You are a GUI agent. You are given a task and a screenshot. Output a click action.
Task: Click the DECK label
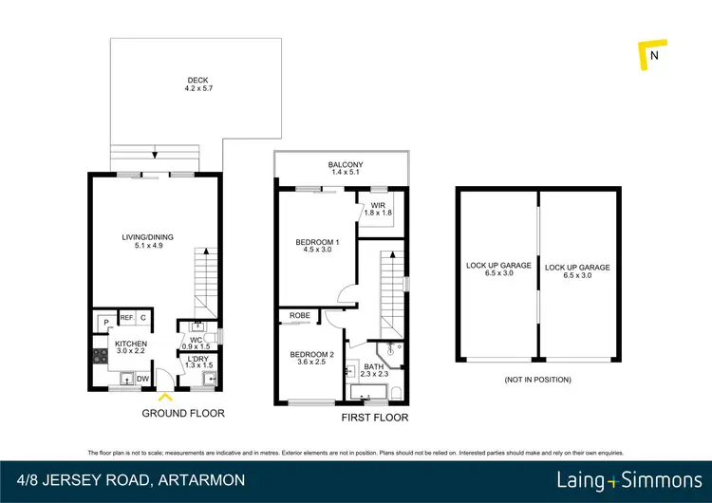pos(196,84)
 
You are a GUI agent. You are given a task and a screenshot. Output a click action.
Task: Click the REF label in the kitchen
pos(125,319)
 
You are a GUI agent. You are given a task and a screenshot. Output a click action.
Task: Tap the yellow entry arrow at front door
pos(166,397)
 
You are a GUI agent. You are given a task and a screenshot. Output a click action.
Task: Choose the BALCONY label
pos(342,166)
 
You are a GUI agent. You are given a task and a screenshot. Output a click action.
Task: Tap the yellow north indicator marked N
pos(651,56)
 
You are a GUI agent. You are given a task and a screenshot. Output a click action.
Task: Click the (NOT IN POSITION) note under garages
pos(538,380)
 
